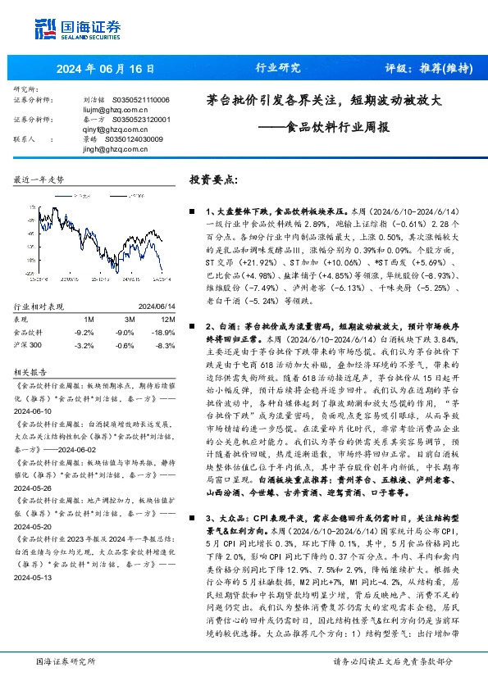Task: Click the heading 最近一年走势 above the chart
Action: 39,179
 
